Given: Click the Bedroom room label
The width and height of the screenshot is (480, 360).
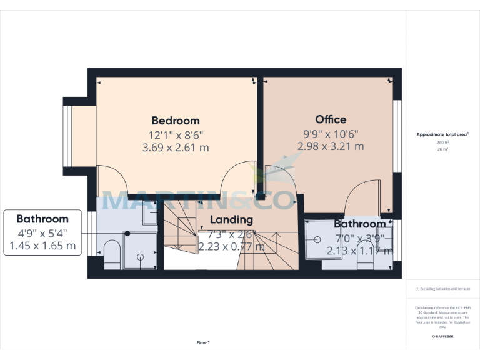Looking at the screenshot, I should tap(176, 121).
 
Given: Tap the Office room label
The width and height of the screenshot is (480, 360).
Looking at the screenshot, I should tap(331, 119).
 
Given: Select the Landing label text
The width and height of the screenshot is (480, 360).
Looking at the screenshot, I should tap(231, 219).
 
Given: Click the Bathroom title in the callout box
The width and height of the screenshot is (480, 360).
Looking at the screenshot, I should tap(42, 219).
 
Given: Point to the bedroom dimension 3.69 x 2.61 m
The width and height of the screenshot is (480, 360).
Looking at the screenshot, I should tap(176, 147).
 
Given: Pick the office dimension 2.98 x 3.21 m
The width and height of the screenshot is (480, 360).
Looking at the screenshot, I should tap(331, 146).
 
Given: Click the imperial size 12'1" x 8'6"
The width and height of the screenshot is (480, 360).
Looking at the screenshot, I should tap(176, 134).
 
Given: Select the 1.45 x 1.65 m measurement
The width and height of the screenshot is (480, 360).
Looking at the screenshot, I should tap(42, 246).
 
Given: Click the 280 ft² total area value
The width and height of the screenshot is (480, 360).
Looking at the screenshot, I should tap(442, 142).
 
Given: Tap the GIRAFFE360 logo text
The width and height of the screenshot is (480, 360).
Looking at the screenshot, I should tap(442, 337).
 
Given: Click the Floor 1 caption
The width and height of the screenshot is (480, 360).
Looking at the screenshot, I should tap(203, 342).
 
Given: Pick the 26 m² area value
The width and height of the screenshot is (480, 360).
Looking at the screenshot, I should tap(442, 149).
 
